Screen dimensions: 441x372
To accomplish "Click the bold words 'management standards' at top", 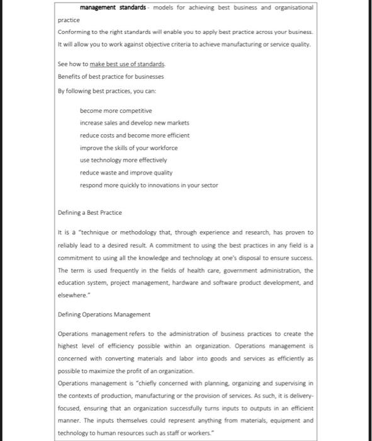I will click(x=114, y=8).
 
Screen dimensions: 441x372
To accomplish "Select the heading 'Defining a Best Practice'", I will click(x=89, y=212).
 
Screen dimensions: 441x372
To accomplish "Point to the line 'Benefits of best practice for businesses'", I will click(x=110, y=76).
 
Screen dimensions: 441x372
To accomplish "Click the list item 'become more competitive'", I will click(x=116, y=110).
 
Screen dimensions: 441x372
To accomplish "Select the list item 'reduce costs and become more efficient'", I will click(x=134, y=135).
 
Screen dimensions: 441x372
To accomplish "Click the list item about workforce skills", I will click(x=128, y=147).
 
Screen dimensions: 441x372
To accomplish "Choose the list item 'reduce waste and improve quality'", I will click(x=126, y=172).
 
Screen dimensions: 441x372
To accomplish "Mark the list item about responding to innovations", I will click(x=150, y=185).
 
